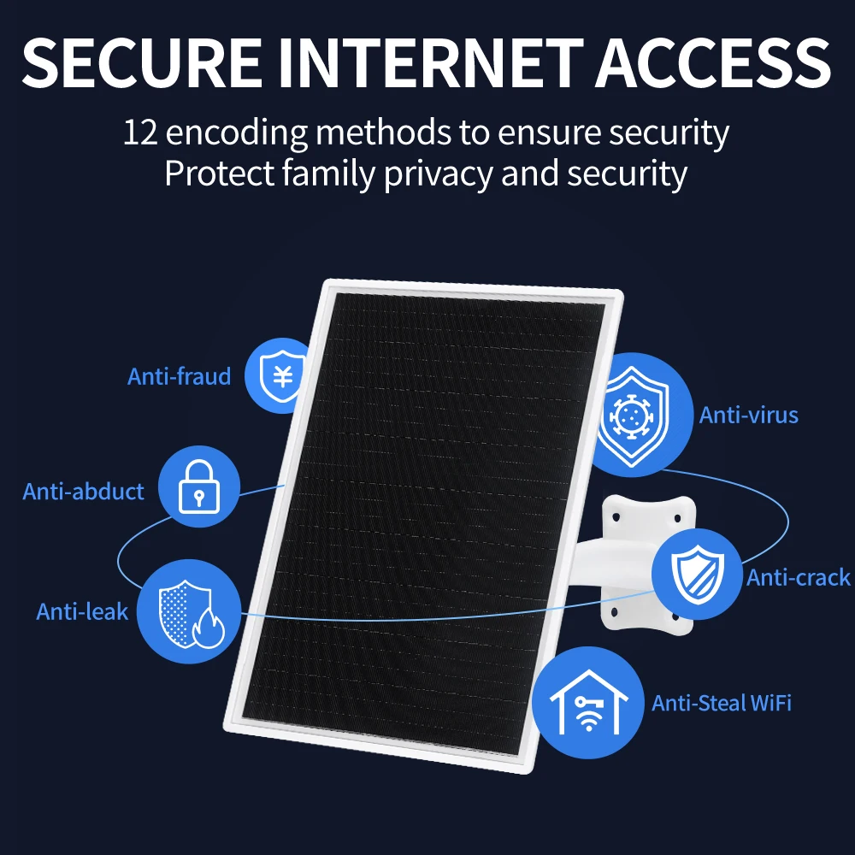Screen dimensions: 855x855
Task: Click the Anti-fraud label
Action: coord(180,376)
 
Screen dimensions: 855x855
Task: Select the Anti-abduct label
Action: coord(84,492)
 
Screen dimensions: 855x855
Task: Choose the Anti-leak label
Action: coord(82,611)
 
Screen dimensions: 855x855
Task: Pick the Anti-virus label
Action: coord(749,416)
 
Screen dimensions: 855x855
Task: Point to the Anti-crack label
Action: coord(799,578)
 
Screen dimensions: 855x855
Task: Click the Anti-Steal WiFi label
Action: coord(722,703)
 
